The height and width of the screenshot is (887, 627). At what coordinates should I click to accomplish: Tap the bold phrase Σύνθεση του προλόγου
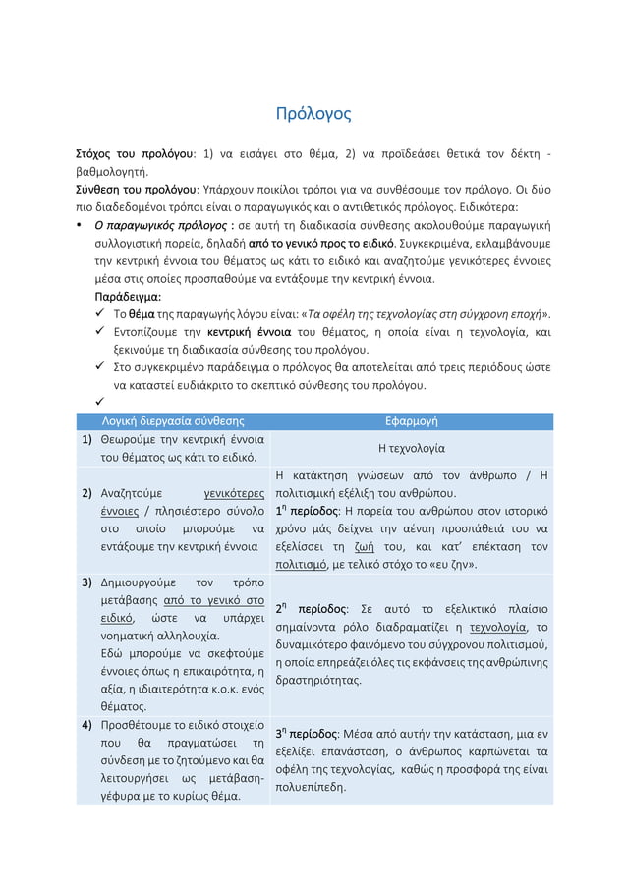(136, 189)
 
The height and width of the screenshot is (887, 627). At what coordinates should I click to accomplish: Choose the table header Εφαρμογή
(411, 420)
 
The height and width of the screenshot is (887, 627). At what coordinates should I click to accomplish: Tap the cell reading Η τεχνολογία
(411, 448)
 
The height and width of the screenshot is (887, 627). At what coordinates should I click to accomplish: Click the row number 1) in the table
(86, 439)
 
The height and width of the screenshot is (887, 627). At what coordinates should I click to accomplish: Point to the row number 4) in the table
(86, 725)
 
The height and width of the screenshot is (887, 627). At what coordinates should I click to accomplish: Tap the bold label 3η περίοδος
(309, 734)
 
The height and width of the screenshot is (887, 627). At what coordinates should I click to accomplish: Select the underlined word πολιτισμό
(302, 566)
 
